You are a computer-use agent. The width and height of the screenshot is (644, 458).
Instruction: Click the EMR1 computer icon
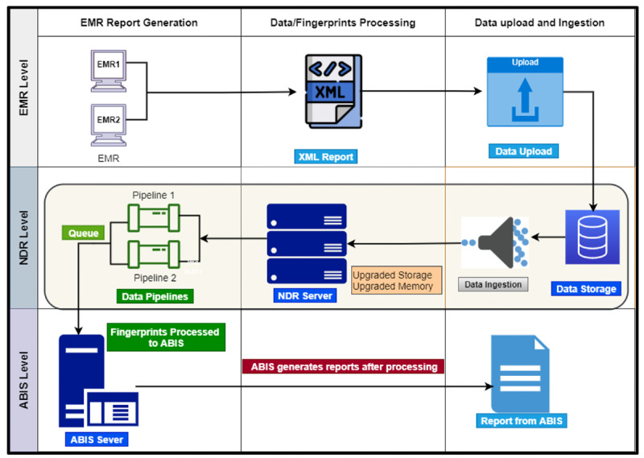(109, 68)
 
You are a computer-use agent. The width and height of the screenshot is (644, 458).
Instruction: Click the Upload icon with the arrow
(525, 92)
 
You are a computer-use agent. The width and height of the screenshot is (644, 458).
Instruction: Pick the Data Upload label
(524, 151)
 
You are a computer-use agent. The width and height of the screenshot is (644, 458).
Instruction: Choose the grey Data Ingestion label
(493, 284)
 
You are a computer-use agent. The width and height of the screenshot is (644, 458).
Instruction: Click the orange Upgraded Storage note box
(392, 281)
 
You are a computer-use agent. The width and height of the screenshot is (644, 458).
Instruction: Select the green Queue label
(83, 233)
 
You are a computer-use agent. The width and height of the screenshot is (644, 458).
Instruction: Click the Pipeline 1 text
(153, 196)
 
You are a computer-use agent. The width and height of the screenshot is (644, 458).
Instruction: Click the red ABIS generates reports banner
(343, 366)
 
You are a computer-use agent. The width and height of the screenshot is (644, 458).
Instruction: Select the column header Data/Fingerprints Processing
(343, 23)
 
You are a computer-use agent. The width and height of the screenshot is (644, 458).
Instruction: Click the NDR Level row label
(23, 234)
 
